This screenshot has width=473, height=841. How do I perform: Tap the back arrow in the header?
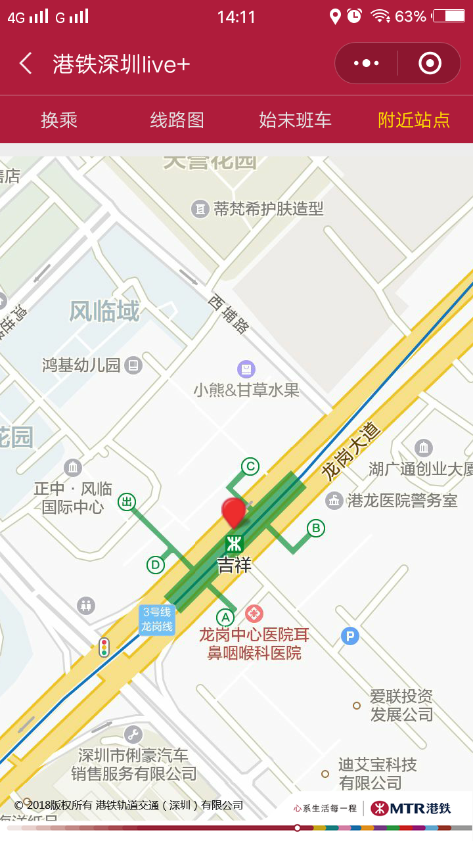[x=26, y=64]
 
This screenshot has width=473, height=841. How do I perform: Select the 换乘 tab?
[x=59, y=120]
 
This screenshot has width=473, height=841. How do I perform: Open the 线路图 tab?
[x=177, y=120]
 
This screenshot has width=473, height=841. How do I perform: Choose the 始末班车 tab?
[x=295, y=120]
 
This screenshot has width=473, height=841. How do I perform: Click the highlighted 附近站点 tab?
[x=414, y=120]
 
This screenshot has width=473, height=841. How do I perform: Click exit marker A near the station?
[x=225, y=618]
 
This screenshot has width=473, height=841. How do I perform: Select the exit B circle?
[x=316, y=528]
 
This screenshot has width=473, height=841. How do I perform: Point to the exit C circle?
[x=250, y=466]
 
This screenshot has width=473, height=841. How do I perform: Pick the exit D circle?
[x=156, y=564]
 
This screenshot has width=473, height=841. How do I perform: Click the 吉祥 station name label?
[x=235, y=565]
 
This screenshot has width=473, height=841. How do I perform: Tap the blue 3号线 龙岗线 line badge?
[x=157, y=620]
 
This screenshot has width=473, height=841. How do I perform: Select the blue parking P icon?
[x=350, y=635]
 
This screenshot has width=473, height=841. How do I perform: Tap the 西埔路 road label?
[x=229, y=313]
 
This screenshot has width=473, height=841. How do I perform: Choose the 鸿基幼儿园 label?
[x=81, y=365]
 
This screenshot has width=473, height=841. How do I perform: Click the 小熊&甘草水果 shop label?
[x=246, y=390]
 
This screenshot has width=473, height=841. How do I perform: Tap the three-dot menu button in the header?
[x=366, y=63]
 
